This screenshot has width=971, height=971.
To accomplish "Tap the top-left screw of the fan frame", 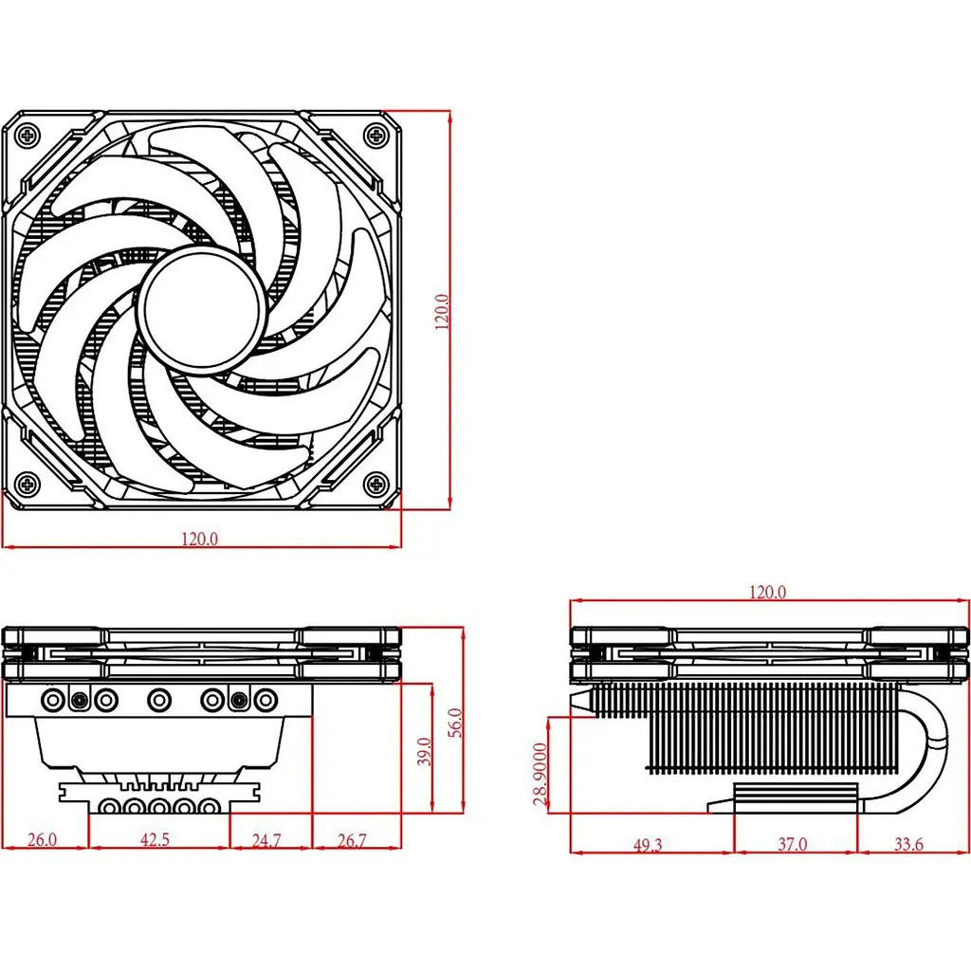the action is [x=27, y=135].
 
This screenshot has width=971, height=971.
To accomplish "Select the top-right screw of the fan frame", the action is [x=376, y=135].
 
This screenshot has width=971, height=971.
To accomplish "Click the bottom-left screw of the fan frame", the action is [x=27, y=483].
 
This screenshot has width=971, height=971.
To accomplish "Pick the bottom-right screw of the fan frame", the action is [x=376, y=483].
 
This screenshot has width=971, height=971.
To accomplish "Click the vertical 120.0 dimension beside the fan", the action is [x=442, y=311].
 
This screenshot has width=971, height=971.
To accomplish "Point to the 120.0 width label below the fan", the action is [x=199, y=539].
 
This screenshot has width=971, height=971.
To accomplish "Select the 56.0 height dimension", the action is [x=455, y=722].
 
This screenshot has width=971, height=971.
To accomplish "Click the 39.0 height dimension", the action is [x=424, y=751].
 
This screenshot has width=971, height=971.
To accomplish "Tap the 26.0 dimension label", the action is [x=42, y=839].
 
